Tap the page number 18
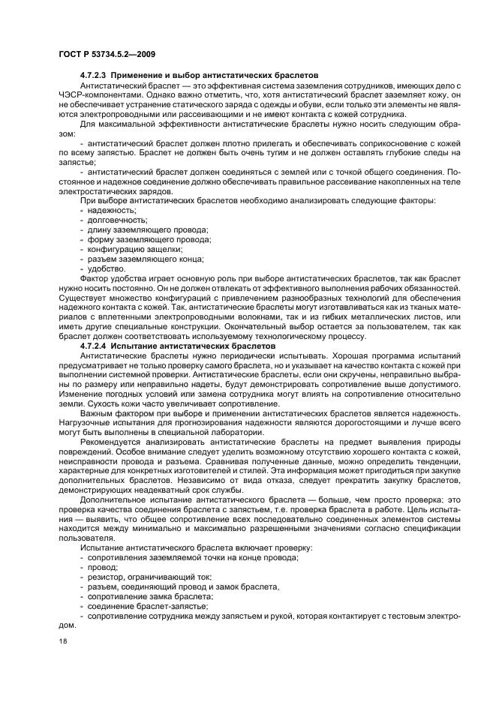click(62, 642)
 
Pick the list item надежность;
click(107, 211)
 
